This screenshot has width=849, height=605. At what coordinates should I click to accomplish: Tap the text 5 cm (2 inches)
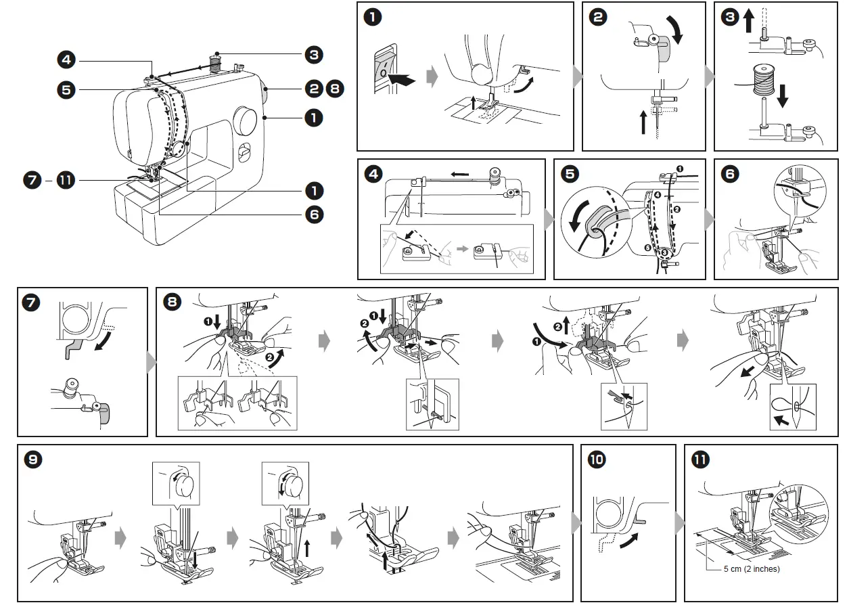point(751,568)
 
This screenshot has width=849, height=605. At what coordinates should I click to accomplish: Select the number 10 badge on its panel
point(597,460)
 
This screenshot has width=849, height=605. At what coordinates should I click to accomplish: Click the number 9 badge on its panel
point(32,460)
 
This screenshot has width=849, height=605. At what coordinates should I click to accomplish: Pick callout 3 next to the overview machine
point(313,55)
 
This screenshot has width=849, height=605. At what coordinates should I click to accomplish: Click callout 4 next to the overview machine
point(66,60)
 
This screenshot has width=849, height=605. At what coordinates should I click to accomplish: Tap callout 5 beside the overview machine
point(66,89)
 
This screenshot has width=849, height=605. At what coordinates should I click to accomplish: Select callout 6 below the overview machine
point(313,215)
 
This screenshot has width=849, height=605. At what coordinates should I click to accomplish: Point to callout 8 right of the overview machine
point(334,89)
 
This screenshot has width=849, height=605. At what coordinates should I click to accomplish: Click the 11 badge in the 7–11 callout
point(66,181)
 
